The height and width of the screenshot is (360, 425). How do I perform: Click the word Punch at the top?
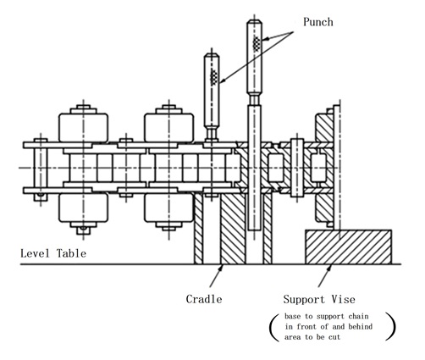[x=318, y=22]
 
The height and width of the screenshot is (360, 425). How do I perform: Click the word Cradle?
[x=204, y=299]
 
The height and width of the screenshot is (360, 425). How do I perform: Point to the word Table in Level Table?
[x=71, y=253]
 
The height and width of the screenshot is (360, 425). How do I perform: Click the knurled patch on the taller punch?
[x=257, y=43]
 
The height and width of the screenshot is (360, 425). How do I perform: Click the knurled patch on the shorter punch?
[x=214, y=77]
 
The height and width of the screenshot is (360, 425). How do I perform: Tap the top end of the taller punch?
[x=254, y=20]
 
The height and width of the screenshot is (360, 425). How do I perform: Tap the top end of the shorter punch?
[x=212, y=54]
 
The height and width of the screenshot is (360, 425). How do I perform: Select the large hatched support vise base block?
[x=349, y=247]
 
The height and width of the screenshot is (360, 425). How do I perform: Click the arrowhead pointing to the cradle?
[x=221, y=268]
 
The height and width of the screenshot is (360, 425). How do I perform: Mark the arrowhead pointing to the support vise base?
[x=329, y=269]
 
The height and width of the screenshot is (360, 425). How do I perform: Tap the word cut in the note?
[x=334, y=337]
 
